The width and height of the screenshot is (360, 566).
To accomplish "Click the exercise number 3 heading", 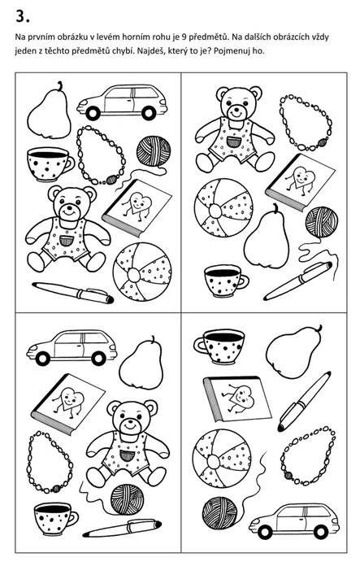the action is [x=23, y=16].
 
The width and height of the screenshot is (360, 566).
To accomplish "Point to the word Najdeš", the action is [x=150, y=51].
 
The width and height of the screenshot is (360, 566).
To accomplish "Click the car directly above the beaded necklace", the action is [x=122, y=102].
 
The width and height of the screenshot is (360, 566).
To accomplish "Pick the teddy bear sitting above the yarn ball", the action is [x=128, y=442].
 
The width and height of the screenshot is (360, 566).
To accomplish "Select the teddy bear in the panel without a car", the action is [x=235, y=128].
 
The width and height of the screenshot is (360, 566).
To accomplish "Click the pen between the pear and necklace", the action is [x=305, y=401].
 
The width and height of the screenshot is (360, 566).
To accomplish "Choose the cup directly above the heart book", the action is [x=219, y=346].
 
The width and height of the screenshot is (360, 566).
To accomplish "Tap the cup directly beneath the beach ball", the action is [x=227, y=281].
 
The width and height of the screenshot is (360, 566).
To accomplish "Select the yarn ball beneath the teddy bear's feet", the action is [x=127, y=499].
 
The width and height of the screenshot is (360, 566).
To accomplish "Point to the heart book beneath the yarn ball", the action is [x=137, y=207].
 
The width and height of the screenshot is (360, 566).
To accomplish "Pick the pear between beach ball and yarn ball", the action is [x=267, y=237].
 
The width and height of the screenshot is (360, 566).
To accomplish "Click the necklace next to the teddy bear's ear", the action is [x=306, y=122].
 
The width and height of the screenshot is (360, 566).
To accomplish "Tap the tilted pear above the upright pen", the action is [x=294, y=351].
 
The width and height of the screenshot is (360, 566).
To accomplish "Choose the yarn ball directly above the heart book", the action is [x=154, y=151].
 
